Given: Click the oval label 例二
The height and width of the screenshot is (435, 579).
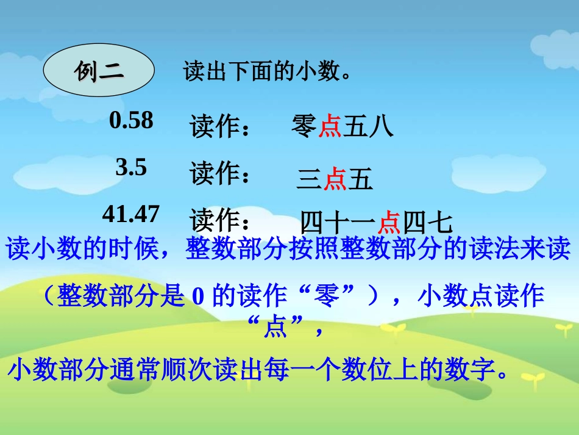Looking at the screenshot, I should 99,73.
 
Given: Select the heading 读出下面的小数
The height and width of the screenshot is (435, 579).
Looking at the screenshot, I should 267,73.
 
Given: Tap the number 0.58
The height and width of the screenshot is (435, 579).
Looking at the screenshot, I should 131,120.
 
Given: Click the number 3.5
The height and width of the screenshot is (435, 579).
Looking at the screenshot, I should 131,167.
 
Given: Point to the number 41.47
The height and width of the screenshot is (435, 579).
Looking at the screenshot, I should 131,214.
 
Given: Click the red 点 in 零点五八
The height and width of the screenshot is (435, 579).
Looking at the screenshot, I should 330,127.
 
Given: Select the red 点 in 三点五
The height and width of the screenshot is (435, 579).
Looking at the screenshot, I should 335,179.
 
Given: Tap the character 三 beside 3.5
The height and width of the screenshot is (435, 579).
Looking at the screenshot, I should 309,179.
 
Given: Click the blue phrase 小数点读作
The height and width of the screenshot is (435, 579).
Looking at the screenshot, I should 481,297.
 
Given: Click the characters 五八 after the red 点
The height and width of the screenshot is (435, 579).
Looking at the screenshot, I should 368,127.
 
